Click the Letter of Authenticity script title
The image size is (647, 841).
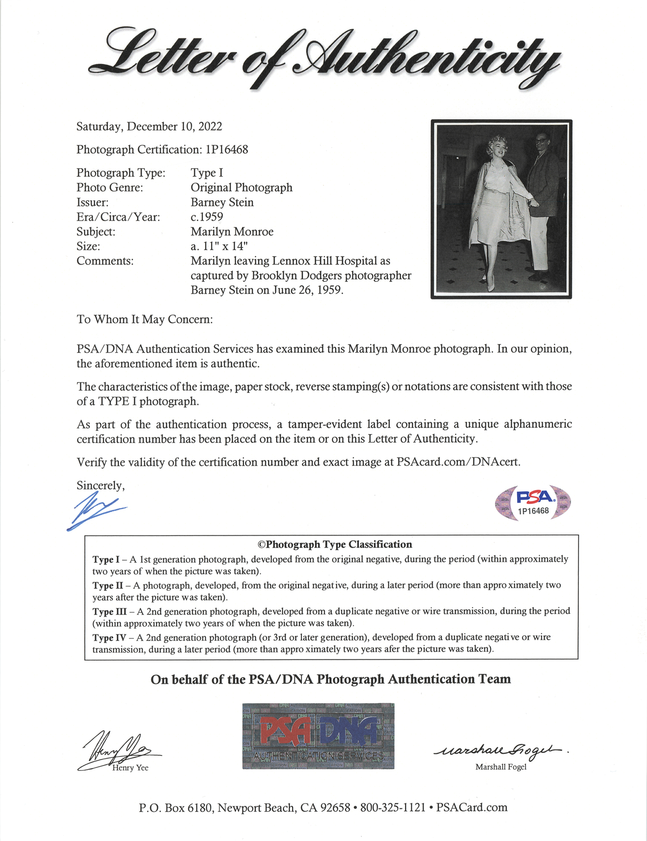click(x=323, y=59)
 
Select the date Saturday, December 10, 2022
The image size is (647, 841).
click(x=149, y=127)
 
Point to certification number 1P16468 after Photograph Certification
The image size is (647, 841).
click(x=227, y=150)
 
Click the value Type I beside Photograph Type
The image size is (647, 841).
click(x=207, y=173)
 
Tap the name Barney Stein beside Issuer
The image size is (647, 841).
click(x=222, y=202)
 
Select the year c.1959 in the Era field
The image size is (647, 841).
click(x=207, y=217)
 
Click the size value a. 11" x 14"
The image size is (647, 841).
click(x=219, y=246)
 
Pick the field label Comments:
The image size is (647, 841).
click(x=105, y=261)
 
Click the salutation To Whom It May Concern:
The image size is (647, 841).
click(x=145, y=320)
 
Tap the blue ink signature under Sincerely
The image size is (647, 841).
click(x=96, y=511)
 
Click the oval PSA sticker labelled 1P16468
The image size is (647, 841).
click(x=533, y=503)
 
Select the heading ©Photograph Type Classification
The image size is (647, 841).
click(x=334, y=545)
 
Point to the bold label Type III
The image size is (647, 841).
click(x=109, y=611)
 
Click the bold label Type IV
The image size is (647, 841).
click(x=109, y=637)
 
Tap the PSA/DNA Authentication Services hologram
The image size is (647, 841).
click(x=318, y=736)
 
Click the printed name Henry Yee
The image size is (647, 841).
click(x=130, y=768)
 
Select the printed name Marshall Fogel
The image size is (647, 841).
click(x=501, y=767)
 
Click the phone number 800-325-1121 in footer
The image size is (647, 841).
click(x=393, y=808)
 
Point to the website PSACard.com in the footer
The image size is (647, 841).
click(x=471, y=808)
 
